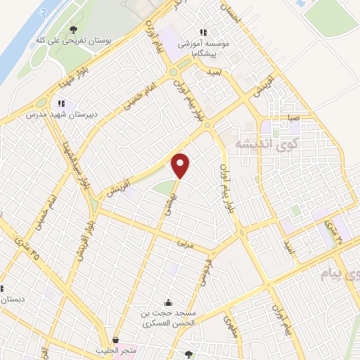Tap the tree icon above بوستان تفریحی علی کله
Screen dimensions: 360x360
point(74,30)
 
